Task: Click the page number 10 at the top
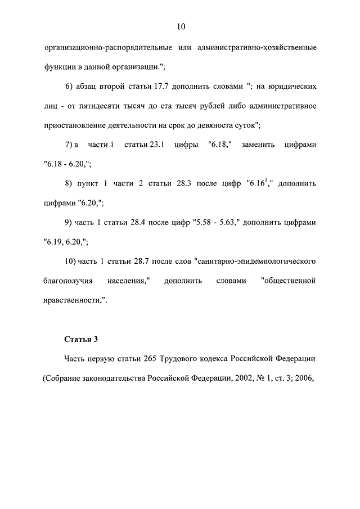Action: point(180,26)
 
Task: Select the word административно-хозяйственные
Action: point(257,48)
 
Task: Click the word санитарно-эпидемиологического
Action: point(254,261)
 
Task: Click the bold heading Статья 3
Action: point(81,339)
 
